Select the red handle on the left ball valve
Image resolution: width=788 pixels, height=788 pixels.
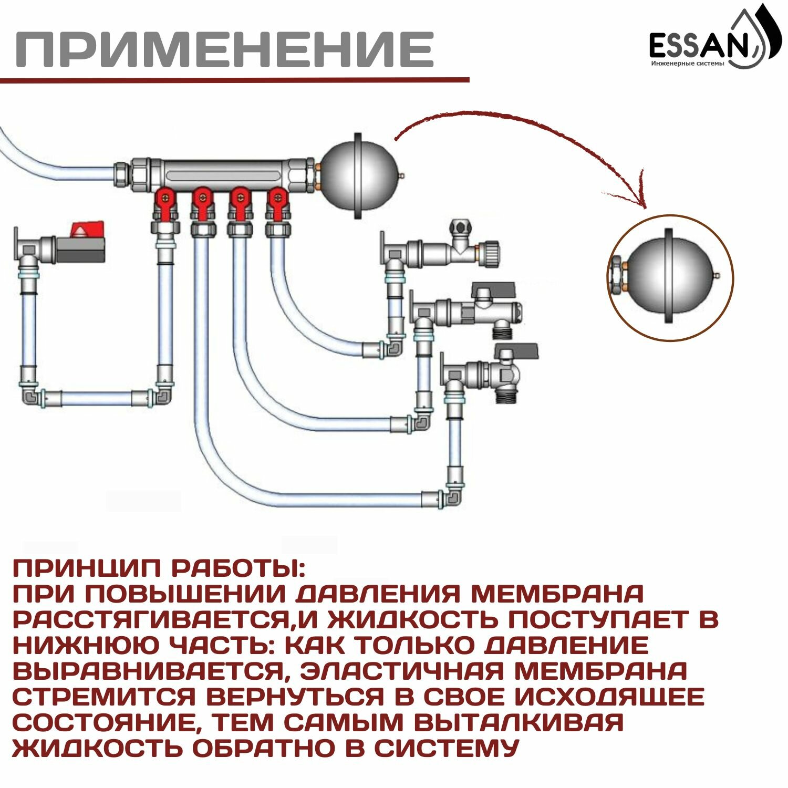click(88, 230)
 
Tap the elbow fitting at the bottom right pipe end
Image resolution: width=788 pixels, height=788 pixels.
click(453, 496)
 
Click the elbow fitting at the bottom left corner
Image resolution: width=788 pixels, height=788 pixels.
click(32, 396)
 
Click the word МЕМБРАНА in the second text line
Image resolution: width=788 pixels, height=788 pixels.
click(557, 594)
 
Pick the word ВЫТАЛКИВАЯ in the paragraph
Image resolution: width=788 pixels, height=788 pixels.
click(518, 722)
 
